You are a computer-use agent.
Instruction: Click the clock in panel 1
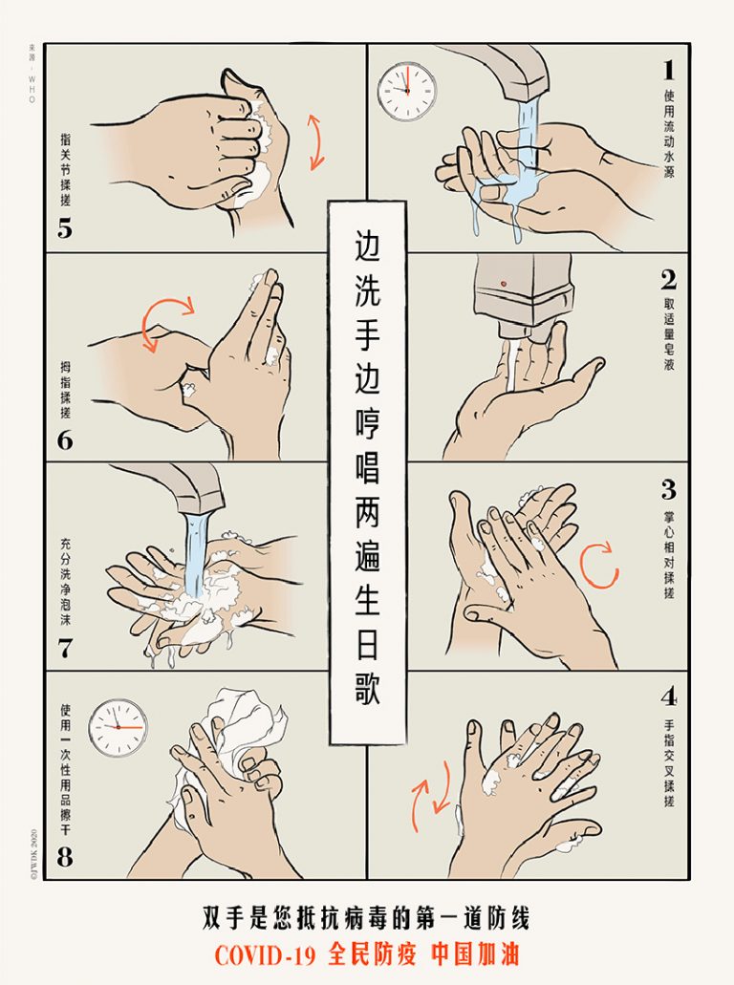click(407, 91)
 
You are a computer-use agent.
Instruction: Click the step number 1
click(669, 70)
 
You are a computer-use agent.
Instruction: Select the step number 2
click(669, 280)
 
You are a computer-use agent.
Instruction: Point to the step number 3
click(669, 489)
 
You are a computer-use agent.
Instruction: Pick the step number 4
click(669, 696)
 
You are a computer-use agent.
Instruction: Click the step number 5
click(65, 229)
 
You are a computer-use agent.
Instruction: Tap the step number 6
click(65, 440)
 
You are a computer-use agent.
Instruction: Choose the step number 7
click(65, 648)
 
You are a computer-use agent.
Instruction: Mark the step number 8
click(65, 857)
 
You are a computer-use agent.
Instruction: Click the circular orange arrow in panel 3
click(599, 566)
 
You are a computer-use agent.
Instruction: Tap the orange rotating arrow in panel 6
click(165, 320)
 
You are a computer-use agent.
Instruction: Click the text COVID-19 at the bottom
click(265, 954)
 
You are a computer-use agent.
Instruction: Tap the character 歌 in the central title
click(368, 691)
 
